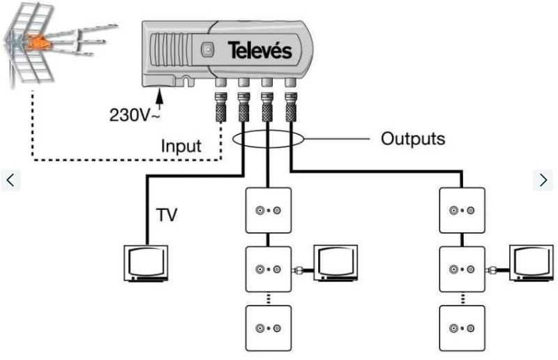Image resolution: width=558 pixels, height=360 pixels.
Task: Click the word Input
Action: pos(181,147)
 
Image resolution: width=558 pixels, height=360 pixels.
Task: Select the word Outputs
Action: pos(412,138)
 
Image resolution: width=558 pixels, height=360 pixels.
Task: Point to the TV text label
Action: pos(166,214)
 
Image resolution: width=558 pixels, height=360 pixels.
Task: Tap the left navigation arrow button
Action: pos(10,179)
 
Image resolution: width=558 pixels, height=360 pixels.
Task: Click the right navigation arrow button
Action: pos(544,179)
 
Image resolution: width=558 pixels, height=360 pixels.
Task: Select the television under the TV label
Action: pos(145,263)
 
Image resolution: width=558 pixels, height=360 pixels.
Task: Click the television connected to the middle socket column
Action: pos(336,263)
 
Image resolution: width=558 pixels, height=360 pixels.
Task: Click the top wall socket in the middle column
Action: pos(268,210)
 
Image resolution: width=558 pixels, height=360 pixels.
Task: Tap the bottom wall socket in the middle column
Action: pos(268,328)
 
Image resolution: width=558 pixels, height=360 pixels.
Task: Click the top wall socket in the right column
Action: pos(463,210)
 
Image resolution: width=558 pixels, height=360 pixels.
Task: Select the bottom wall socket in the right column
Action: pos(463,328)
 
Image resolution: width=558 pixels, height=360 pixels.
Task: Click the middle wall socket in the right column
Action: pos(463,269)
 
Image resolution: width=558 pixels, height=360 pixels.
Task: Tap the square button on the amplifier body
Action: pos(207,50)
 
